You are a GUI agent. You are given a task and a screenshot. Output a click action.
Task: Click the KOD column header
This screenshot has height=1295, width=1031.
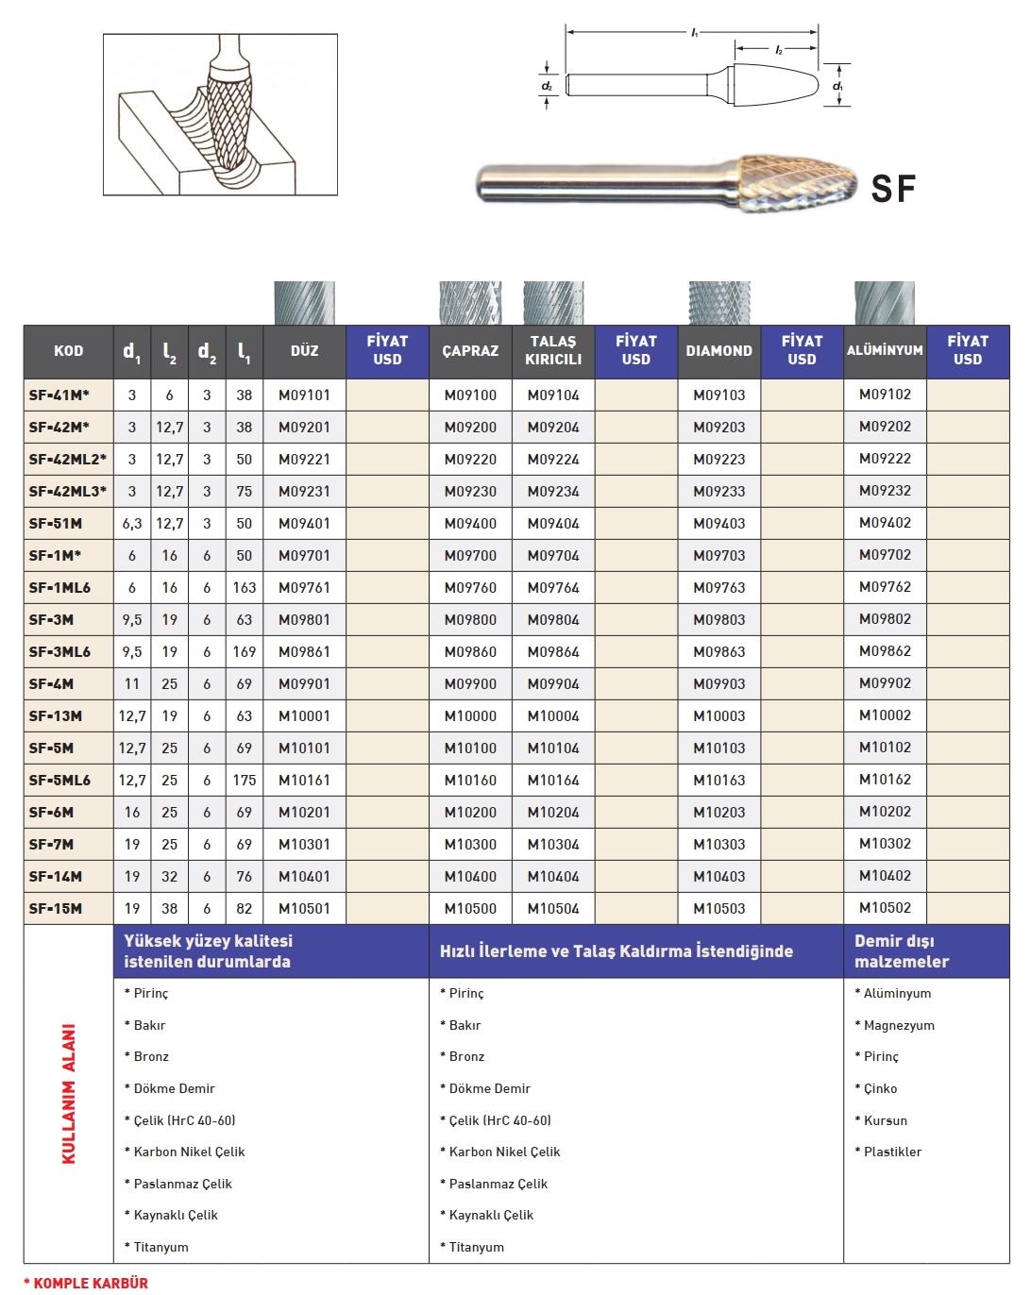pyautogui.click(x=68, y=351)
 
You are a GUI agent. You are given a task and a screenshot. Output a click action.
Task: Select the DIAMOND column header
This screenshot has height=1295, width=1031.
pyautogui.click(x=718, y=351)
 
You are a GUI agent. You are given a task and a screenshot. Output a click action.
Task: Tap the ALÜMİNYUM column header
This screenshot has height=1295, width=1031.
pyautogui.click(x=885, y=350)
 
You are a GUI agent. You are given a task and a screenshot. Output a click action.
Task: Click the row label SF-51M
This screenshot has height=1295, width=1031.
pyautogui.click(x=56, y=524)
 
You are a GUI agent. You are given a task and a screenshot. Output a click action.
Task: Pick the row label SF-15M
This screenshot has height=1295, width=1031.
pyautogui.click(x=56, y=909)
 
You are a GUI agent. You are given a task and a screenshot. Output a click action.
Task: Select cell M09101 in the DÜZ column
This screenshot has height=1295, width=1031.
pyautogui.click(x=304, y=395)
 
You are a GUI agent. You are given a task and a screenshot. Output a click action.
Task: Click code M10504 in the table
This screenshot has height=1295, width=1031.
pyautogui.click(x=553, y=909)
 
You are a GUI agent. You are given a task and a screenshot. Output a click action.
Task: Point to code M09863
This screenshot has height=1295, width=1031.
pyautogui.click(x=718, y=652)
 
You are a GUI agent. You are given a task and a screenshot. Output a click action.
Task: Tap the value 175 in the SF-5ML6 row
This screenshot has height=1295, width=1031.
pyautogui.click(x=245, y=781)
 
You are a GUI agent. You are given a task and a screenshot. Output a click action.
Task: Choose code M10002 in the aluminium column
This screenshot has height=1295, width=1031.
pyautogui.click(x=885, y=716)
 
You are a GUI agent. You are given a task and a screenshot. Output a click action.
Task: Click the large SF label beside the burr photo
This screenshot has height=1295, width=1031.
pyautogui.click(x=893, y=189)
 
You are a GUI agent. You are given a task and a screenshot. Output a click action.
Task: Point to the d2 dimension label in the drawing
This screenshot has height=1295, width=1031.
pyautogui.click(x=548, y=86)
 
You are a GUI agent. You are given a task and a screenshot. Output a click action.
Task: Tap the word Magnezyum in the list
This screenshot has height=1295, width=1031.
pyautogui.click(x=899, y=1026)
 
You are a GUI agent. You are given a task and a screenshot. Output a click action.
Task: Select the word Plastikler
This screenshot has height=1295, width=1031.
pyautogui.click(x=892, y=1152)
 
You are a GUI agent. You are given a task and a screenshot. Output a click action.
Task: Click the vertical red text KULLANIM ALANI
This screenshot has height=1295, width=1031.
pyautogui.click(x=69, y=1094)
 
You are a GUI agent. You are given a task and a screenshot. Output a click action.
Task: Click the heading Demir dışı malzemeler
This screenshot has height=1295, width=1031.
pyautogui.click(x=902, y=951)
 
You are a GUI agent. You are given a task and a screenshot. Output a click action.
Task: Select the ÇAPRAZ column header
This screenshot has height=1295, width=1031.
pyautogui.click(x=470, y=351)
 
